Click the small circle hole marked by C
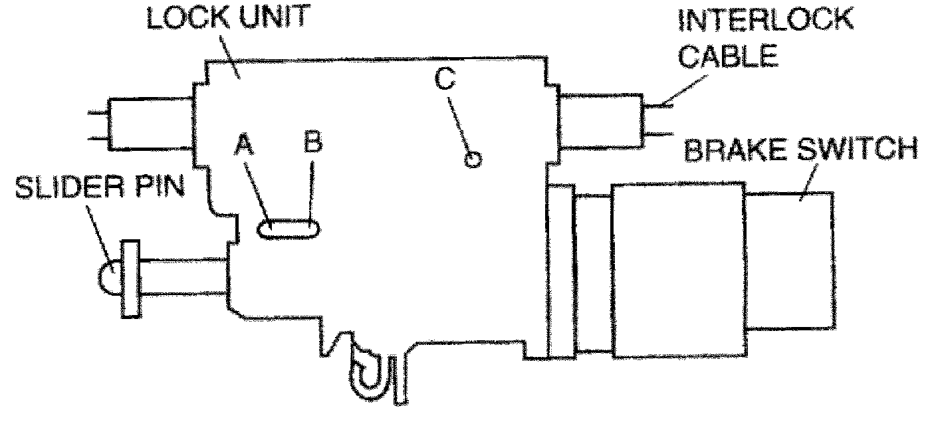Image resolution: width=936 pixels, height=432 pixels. pos(473,160)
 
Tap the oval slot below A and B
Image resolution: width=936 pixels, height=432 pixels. pos(289,229)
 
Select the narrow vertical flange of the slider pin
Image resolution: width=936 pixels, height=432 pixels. pos(131,279)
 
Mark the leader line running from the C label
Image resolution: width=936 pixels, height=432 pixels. pos(460,126)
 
